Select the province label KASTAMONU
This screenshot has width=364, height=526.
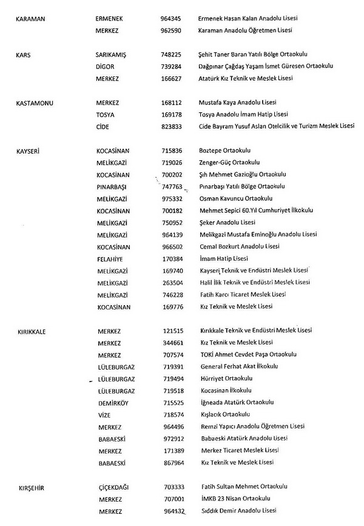[35, 103]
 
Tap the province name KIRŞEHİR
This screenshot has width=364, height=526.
[32, 487]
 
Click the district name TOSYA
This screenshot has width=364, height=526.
[106, 115]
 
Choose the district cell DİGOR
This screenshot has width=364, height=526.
[106, 67]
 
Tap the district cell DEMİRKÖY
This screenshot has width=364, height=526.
[113, 403]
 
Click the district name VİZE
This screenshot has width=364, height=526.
[104, 415]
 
